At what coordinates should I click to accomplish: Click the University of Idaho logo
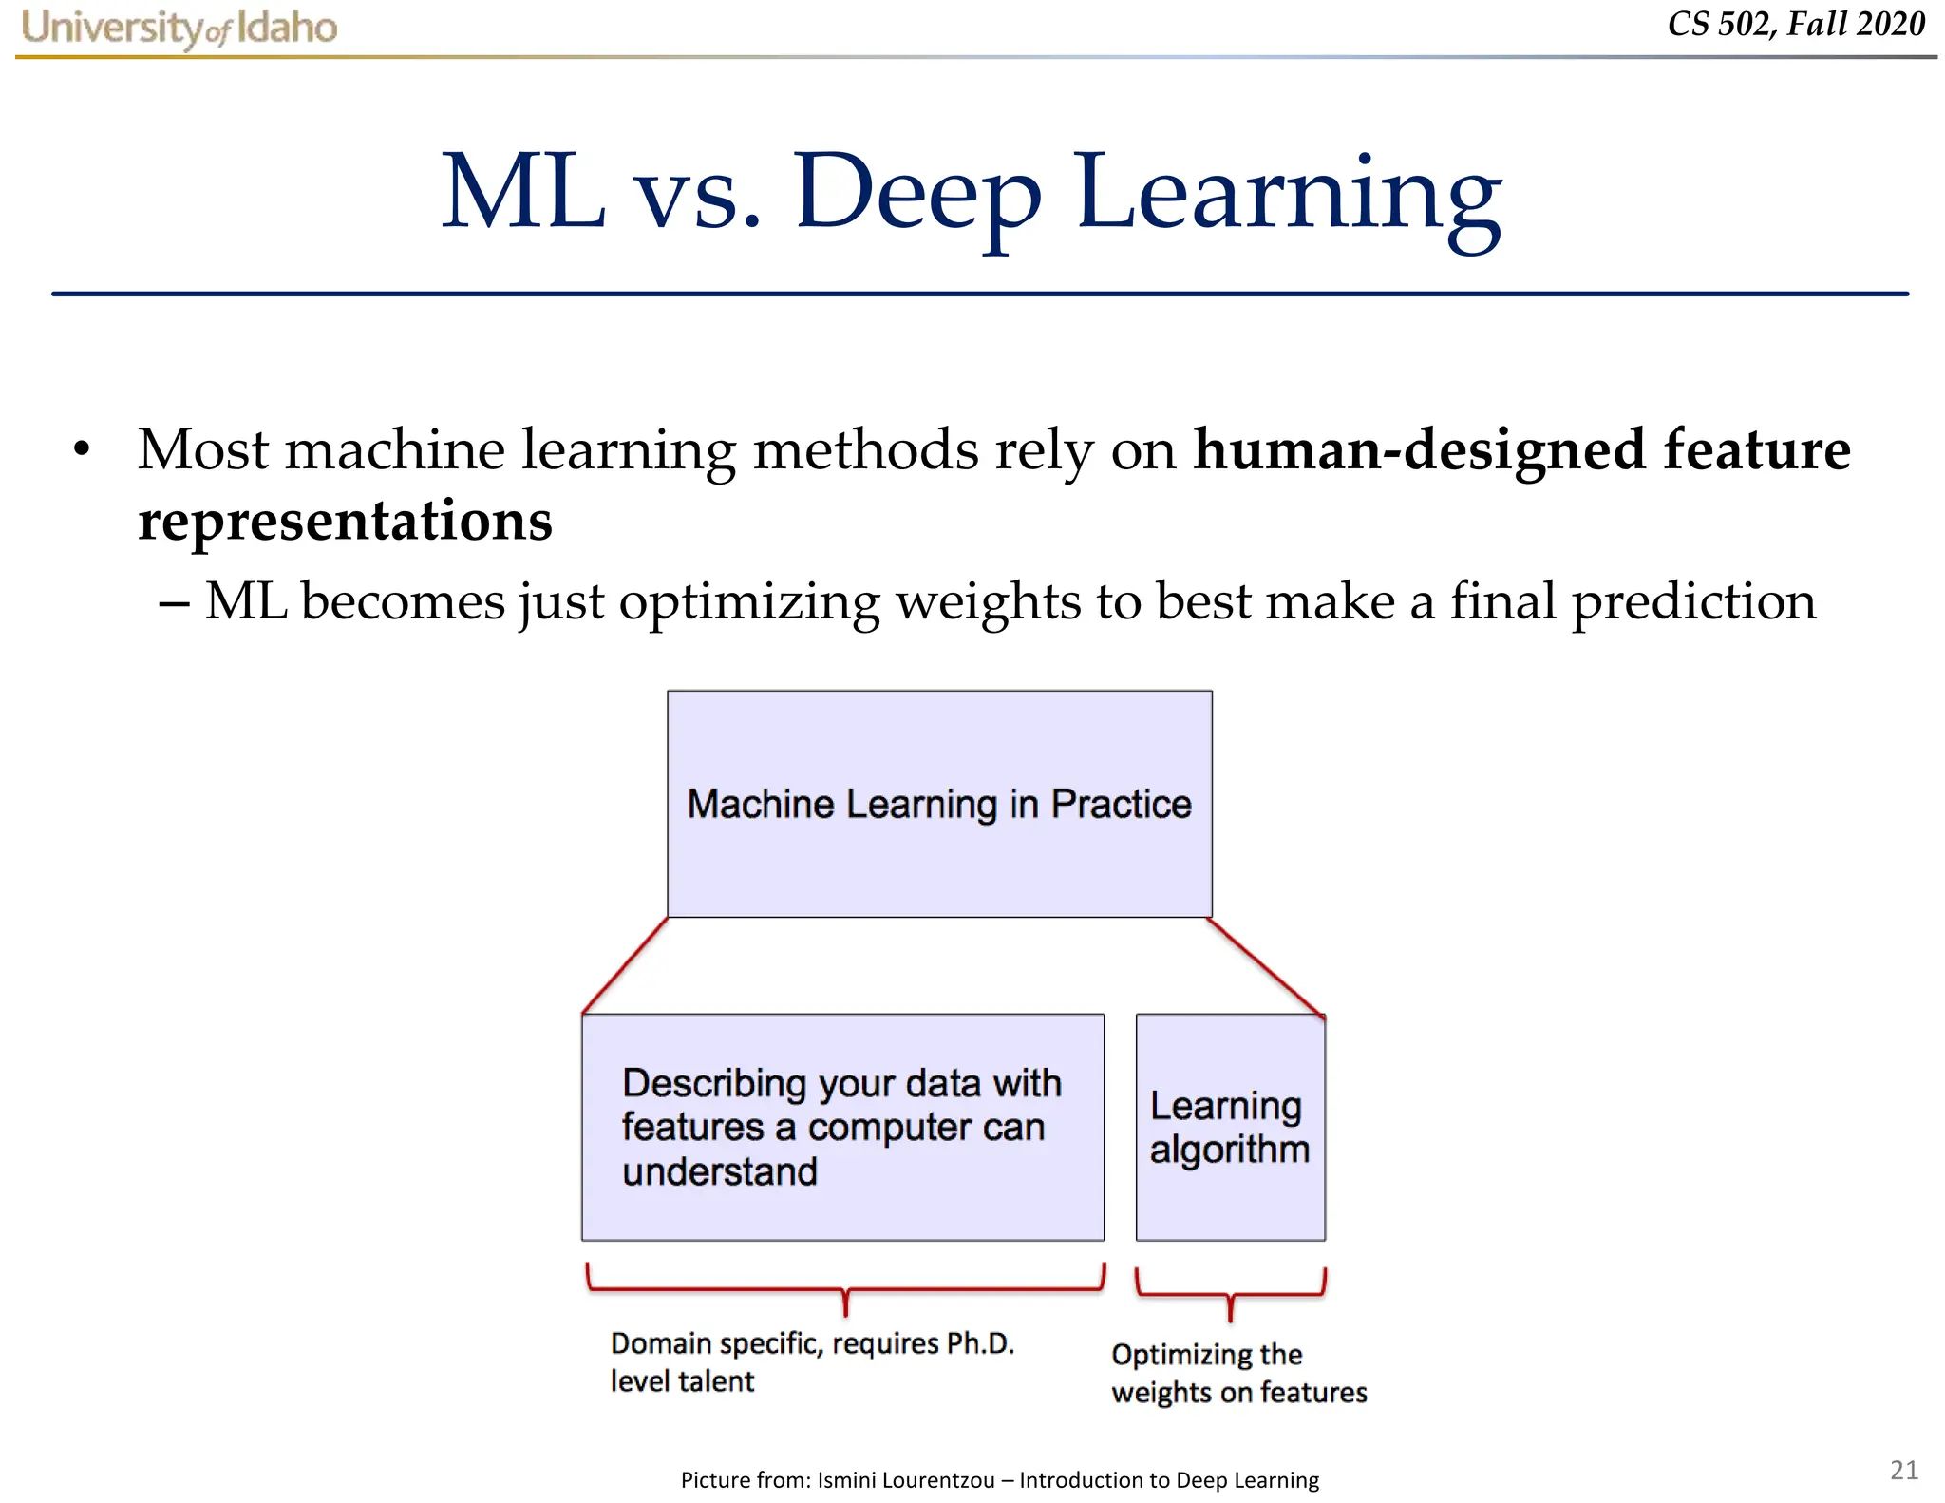[x=179, y=28]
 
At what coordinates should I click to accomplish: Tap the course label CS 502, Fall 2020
[x=1795, y=24]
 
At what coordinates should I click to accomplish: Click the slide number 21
[x=1903, y=1470]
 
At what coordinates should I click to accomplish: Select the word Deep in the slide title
[x=917, y=195]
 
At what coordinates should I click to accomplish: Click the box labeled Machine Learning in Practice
[x=939, y=804]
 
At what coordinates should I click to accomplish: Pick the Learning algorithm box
[x=1230, y=1127]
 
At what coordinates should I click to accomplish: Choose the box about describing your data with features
[x=842, y=1127]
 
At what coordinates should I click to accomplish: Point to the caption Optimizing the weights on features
[x=1238, y=1373]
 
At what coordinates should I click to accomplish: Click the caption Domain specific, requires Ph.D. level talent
[x=812, y=1361]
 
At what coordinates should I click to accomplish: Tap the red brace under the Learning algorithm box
[x=1230, y=1295]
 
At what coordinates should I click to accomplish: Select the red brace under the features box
[x=844, y=1291]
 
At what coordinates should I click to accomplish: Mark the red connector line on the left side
[x=625, y=965]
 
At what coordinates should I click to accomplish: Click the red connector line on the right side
[x=1267, y=966]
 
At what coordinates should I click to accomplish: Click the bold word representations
[x=345, y=521]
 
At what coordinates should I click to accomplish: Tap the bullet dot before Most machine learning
[x=83, y=449]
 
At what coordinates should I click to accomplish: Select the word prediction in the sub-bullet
[x=1693, y=601]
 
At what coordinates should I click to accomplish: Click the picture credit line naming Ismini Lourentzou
[x=999, y=1479]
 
